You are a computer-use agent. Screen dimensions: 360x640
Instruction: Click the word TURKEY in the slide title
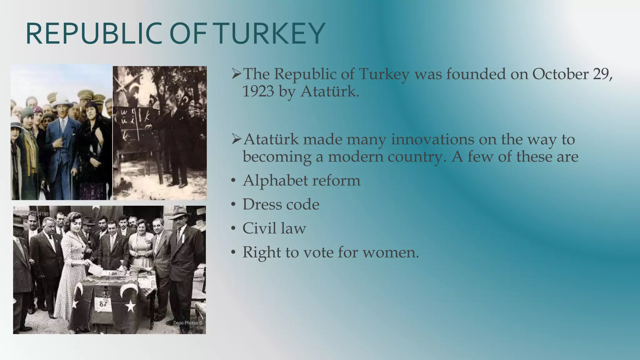(x=270, y=34)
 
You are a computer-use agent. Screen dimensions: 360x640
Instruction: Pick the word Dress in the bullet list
(x=261, y=205)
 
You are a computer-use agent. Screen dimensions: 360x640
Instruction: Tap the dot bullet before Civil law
(x=233, y=229)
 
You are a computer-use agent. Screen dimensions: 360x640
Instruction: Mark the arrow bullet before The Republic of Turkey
(x=236, y=74)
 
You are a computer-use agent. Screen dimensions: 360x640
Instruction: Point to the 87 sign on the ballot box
(x=102, y=304)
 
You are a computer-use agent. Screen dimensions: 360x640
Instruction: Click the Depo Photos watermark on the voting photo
(x=188, y=323)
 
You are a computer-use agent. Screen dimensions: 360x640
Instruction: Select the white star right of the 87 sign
(x=130, y=306)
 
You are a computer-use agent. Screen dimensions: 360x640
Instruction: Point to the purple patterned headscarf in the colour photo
(x=37, y=110)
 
